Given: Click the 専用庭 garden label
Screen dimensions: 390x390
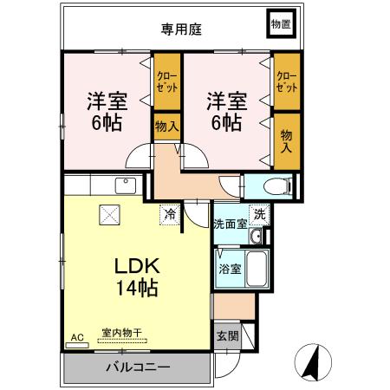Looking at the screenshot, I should click(180, 29).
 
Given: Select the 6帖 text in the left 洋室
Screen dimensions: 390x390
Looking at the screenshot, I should click(107, 121).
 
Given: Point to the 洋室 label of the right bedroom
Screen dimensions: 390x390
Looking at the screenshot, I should click(224, 100).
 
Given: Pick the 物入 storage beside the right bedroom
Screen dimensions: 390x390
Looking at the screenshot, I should click(286, 140).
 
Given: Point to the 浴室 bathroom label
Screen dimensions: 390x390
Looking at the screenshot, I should click(230, 269).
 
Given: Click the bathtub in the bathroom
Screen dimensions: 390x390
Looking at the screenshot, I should click(257, 270).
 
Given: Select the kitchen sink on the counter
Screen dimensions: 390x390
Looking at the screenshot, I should click(124, 185).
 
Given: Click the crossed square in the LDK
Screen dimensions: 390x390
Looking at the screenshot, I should click(110, 213).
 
